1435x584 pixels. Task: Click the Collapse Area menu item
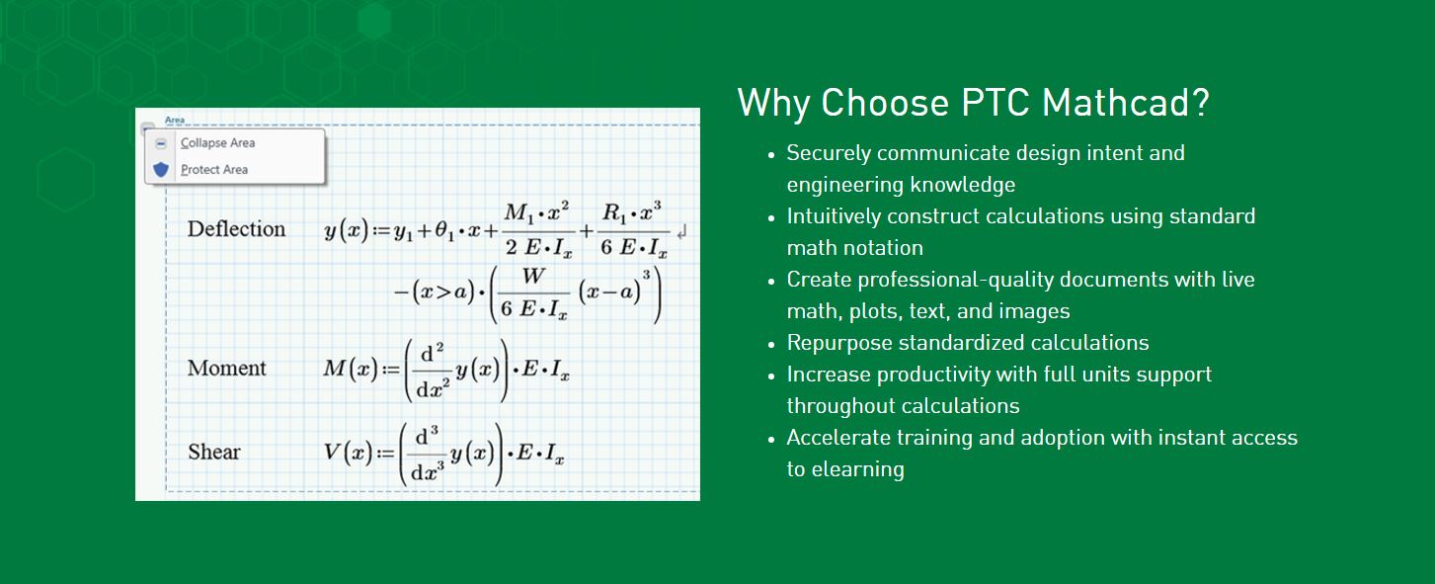click(x=218, y=143)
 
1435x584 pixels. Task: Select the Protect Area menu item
click(x=214, y=170)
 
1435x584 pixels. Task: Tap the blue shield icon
click(x=161, y=170)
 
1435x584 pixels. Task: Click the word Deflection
click(x=236, y=229)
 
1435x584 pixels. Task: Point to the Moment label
click(x=227, y=368)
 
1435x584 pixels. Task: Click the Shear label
click(x=214, y=452)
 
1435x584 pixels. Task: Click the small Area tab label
click(x=174, y=120)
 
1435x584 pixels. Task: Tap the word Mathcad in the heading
click(x=1126, y=103)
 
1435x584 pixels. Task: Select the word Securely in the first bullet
click(x=829, y=154)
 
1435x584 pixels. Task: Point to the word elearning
click(x=858, y=469)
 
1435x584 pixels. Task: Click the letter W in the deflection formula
click(x=533, y=276)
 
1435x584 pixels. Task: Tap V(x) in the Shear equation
click(x=348, y=453)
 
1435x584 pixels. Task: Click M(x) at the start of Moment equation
click(x=351, y=369)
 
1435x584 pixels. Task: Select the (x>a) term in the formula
click(x=442, y=292)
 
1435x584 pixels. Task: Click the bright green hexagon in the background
click(x=374, y=20)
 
